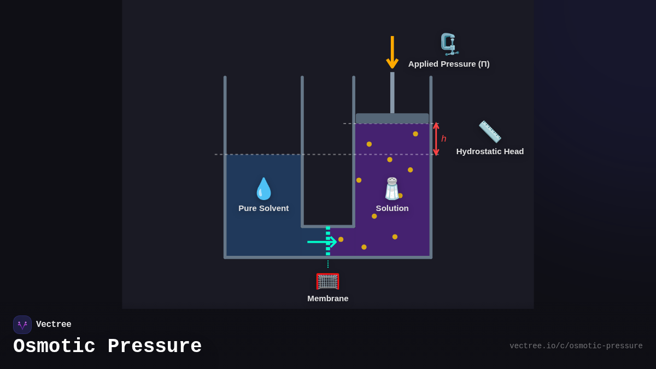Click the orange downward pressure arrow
click(x=392, y=52)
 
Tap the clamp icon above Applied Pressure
click(x=449, y=44)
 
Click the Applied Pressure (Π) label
click(x=449, y=64)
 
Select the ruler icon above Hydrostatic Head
click(x=490, y=132)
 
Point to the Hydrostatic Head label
click(x=490, y=151)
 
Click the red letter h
click(x=444, y=139)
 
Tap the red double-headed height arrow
click(x=436, y=139)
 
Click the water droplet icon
click(x=263, y=189)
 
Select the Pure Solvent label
click(x=263, y=208)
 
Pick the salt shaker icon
click(x=392, y=189)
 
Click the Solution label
click(x=392, y=208)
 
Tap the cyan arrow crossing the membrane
click(x=321, y=241)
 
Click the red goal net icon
click(x=327, y=281)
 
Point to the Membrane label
click(x=327, y=298)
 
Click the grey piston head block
click(x=392, y=118)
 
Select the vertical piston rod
click(x=392, y=93)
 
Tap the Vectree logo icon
click(x=22, y=325)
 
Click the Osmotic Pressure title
click(x=107, y=347)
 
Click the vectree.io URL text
click(x=576, y=346)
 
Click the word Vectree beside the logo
click(x=54, y=325)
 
